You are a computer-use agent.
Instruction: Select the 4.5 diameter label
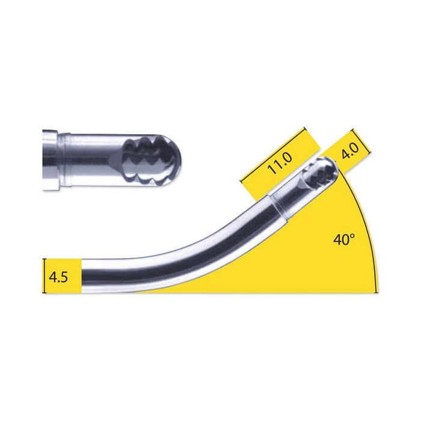(58, 277)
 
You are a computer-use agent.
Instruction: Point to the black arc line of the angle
(368, 229)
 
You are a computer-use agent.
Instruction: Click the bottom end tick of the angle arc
(378, 292)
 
